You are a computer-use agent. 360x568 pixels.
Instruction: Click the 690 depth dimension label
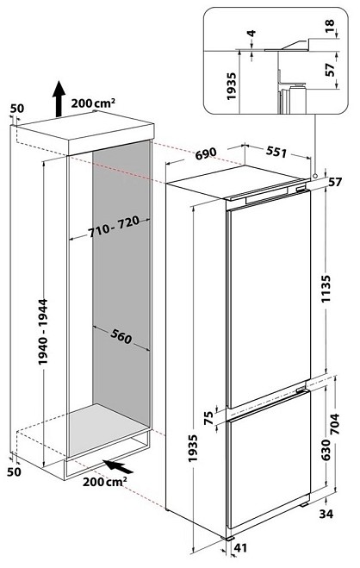(x=206, y=153)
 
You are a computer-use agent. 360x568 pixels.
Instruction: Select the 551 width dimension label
(x=276, y=153)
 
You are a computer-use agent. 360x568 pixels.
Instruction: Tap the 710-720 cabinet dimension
(x=114, y=227)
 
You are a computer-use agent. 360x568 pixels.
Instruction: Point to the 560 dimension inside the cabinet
(x=121, y=337)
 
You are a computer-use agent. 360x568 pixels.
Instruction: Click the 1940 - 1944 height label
(x=43, y=332)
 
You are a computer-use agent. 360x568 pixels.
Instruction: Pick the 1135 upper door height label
(x=326, y=289)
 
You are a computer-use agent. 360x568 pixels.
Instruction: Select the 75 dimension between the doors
(x=208, y=418)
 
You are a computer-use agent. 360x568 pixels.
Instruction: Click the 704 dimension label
(x=335, y=424)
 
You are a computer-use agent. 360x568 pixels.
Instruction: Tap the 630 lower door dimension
(x=326, y=450)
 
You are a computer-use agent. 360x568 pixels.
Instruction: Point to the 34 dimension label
(x=326, y=514)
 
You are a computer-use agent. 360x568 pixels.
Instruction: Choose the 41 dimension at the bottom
(x=240, y=547)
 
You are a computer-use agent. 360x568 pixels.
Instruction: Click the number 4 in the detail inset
(x=251, y=34)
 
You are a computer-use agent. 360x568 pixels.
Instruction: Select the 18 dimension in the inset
(x=330, y=26)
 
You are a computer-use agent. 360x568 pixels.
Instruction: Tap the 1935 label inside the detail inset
(x=231, y=86)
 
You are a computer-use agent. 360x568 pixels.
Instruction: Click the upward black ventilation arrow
(x=59, y=98)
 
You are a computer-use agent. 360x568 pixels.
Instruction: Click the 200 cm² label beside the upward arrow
(x=93, y=103)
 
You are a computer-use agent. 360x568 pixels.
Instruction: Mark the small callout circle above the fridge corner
(x=315, y=175)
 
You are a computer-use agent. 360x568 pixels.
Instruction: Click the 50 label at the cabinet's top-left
(x=17, y=109)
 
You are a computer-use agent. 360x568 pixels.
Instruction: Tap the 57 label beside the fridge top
(x=335, y=182)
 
